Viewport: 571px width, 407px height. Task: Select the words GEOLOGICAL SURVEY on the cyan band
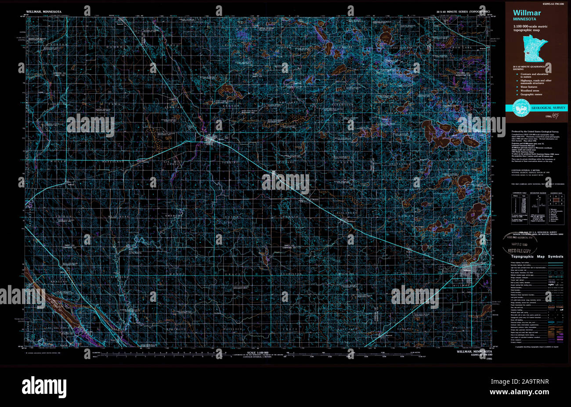(x=549, y=108)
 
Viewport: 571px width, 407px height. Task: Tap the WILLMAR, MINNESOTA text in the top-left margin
(x=44, y=10)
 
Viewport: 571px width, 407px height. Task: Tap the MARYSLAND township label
(x=114, y=161)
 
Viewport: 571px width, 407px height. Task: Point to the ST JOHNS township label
(x=402, y=274)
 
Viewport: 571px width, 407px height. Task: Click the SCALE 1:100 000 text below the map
(x=257, y=352)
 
